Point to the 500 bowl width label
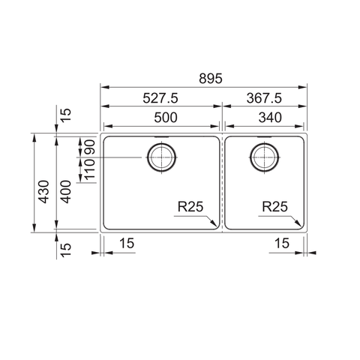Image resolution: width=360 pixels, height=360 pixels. pyautogui.click(x=161, y=117)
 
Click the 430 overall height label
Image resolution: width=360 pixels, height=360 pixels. pyautogui.click(x=44, y=193)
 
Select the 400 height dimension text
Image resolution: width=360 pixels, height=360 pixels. pyautogui.click(x=66, y=193)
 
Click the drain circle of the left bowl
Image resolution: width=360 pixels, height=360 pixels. pyautogui.click(x=162, y=157)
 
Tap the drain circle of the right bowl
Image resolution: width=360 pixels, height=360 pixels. pyautogui.click(x=265, y=157)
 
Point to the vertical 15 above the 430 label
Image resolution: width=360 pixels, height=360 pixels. pyautogui.click(x=66, y=115)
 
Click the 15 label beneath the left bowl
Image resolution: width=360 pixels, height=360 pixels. pyautogui.click(x=127, y=243)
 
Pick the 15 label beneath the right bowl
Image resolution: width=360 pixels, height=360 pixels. pyautogui.click(x=282, y=243)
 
